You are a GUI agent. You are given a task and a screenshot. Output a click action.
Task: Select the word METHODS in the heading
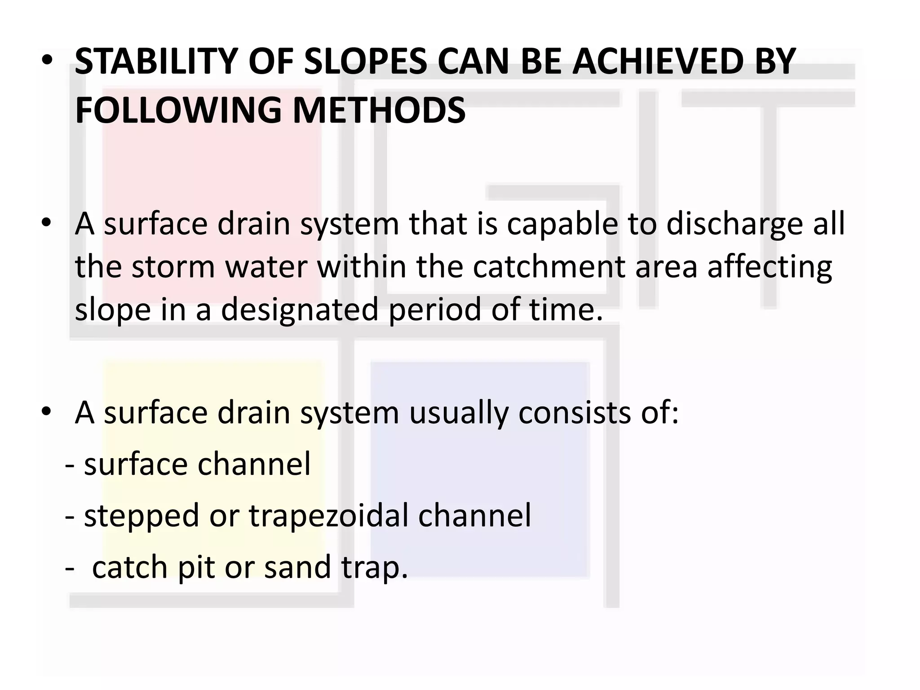coord(379,111)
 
